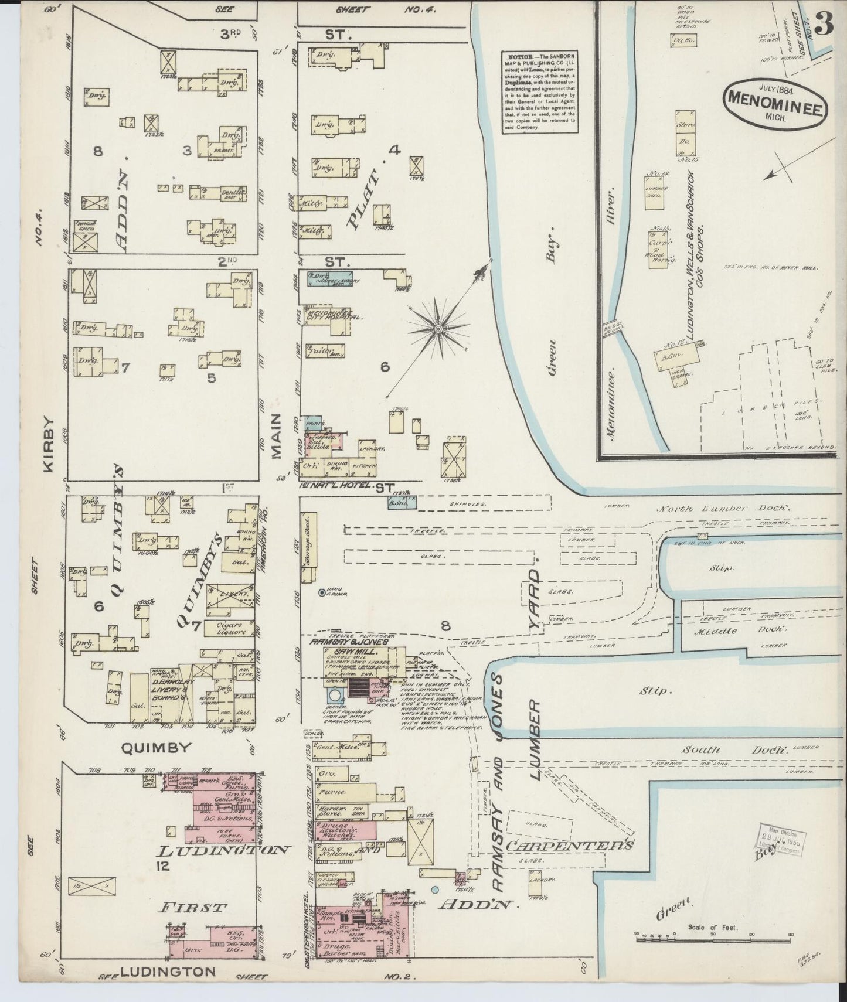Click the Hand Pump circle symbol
pos(322,593)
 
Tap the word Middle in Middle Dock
pos(710,632)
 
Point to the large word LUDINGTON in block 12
pos(225,849)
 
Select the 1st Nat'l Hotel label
pos(336,486)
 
